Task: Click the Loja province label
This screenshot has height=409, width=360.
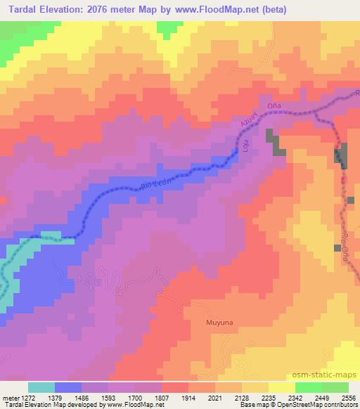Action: (x=246, y=146)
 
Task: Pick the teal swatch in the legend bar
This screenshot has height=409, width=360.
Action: (x=41, y=387)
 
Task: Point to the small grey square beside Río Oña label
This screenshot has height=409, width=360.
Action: (x=337, y=248)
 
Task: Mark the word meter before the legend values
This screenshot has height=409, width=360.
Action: (x=10, y=397)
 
